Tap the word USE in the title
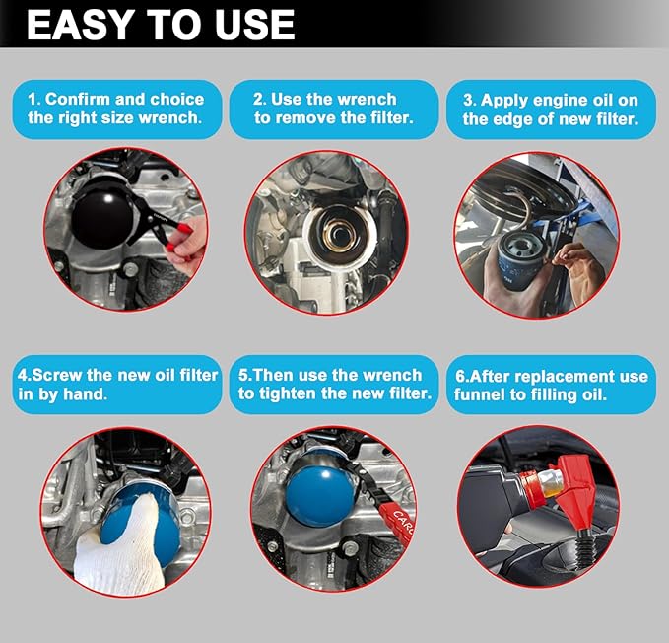coord(255,25)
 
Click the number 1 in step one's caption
coord(33,99)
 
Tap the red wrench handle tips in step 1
coord(179,238)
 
